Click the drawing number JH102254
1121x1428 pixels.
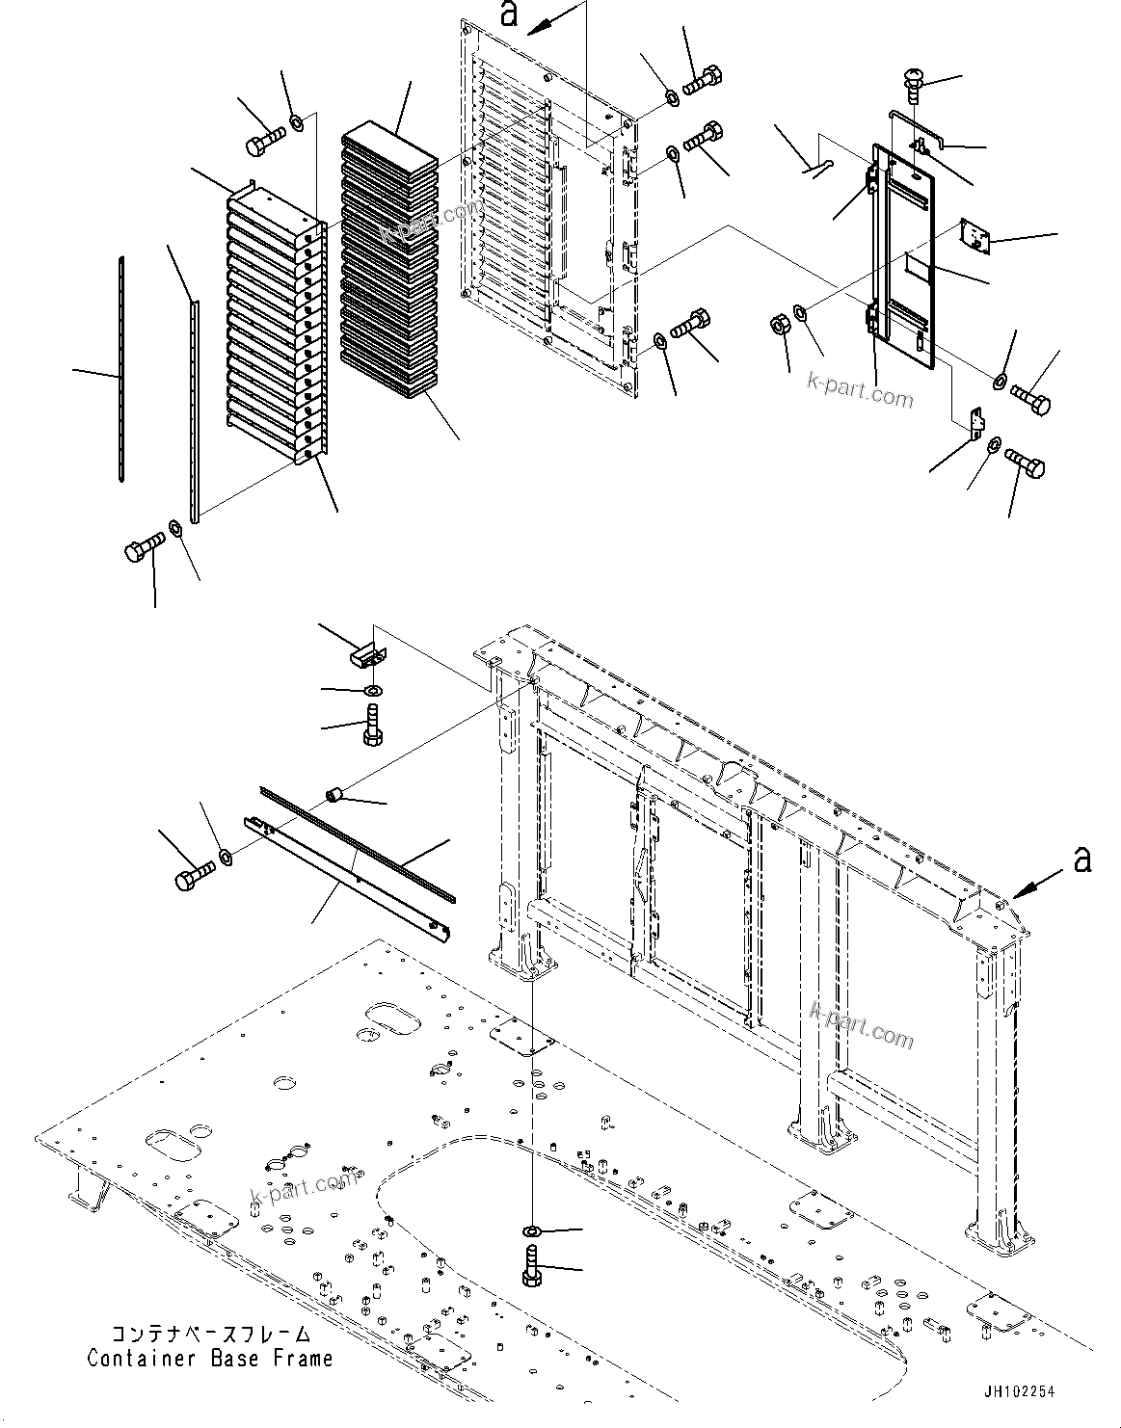[1020, 1392]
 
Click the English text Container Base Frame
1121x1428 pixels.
[209, 1359]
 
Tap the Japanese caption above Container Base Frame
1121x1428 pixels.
[211, 1335]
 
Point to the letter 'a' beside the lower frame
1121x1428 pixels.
[1082, 859]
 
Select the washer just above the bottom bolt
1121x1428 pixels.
[532, 1230]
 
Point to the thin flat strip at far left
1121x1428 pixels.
[121, 366]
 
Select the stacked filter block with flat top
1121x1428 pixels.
[389, 260]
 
